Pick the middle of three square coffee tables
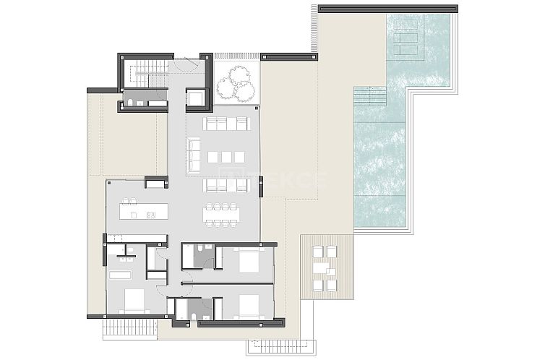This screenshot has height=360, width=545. click(x=226, y=157)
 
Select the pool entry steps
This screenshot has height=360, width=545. click(x=370, y=96)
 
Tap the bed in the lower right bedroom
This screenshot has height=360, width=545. click(x=247, y=307)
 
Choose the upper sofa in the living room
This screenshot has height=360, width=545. click(x=227, y=124)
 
